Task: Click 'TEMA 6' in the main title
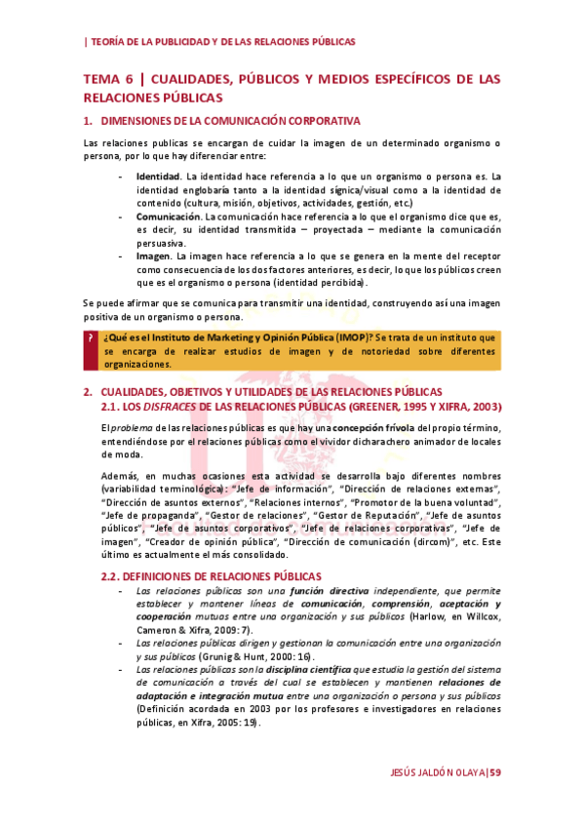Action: click(x=111, y=79)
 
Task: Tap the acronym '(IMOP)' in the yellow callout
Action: click(x=342, y=337)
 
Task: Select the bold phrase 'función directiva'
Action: click(x=331, y=591)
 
